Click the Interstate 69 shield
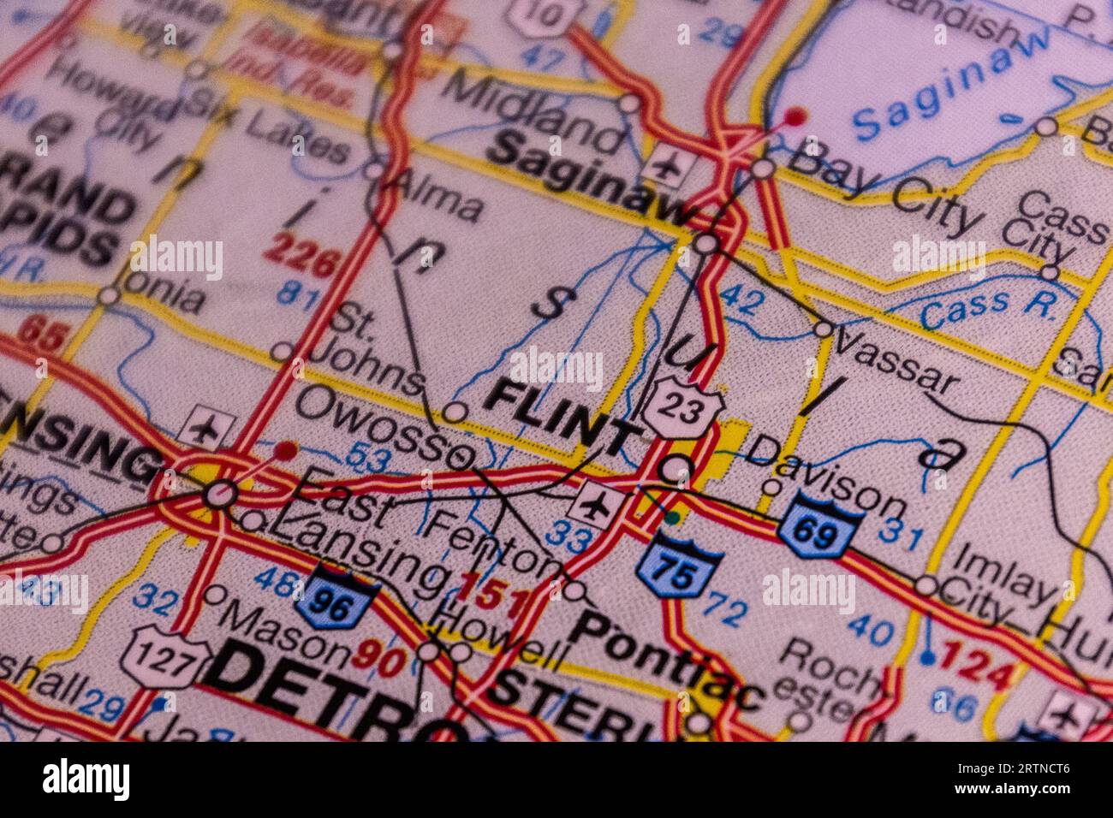coord(818,525)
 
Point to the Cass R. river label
coord(989,306)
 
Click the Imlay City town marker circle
coord(926,586)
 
